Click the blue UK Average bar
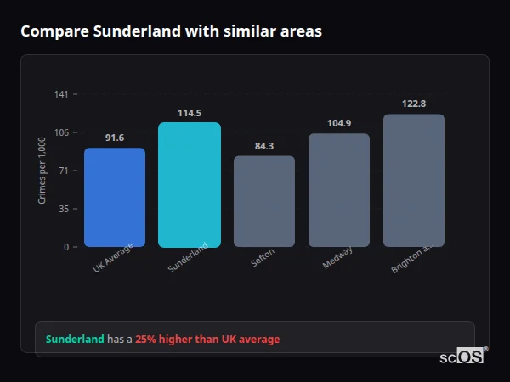115,198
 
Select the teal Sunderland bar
190,185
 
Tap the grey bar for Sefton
264,201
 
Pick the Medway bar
339,190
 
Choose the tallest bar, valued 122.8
414,181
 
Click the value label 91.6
115,138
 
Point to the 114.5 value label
190,113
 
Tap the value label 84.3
264,146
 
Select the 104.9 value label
339,123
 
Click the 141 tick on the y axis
61,94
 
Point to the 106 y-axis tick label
61,132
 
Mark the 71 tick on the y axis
64,171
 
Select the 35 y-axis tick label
64,209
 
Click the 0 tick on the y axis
66,247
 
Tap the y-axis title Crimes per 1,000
42,171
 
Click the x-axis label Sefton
263,260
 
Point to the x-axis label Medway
337,258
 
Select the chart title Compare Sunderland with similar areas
171,31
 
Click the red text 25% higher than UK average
207,340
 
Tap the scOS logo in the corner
462,357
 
